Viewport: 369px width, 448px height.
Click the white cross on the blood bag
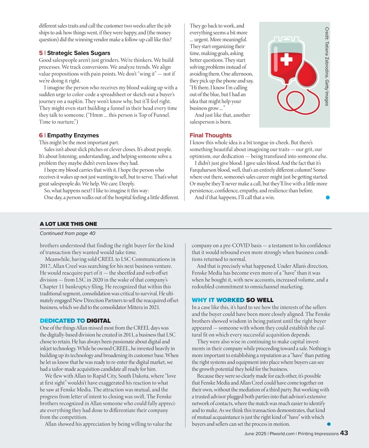[x=286, y=59]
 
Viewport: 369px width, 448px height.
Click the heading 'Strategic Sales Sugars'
[x=78, y=53]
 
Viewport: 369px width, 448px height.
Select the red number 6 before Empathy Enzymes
[x=41, y=135]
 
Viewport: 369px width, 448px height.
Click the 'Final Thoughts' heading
[x=211, y=135]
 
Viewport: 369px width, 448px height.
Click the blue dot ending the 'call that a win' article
[x=327, y=197]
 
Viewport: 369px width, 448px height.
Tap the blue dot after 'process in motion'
[x=329, y=424]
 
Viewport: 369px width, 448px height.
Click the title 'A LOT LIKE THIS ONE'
[x=68, y=224]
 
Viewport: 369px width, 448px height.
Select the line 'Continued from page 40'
[x=68, y=233]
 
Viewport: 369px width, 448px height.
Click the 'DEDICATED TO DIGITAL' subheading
[x=75, y=321]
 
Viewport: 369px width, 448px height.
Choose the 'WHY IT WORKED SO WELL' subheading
[x=232, y=300]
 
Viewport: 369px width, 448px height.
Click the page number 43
[x=344, y=433]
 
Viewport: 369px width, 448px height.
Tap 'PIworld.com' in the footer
[x=282, y=434]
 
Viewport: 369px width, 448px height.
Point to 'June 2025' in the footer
[x=255, y=434]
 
